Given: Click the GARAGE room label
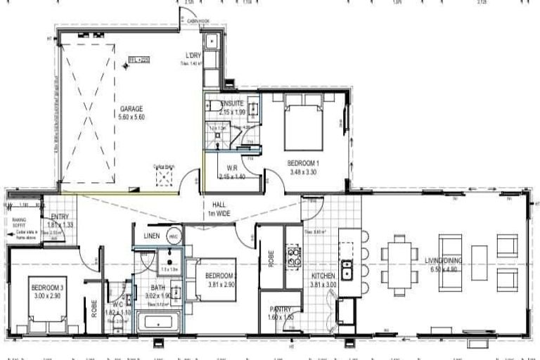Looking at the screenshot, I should (x=131, y=109).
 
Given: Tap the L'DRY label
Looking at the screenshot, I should (x=193, y=56).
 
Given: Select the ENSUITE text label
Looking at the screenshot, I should (x=231, y=104).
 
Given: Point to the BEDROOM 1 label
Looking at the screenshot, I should (x=304, y=162).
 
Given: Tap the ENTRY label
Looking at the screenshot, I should (x=60, y=217).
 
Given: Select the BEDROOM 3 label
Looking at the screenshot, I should (x=47, y=288).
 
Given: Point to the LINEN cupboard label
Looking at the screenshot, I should (x=152, y=236).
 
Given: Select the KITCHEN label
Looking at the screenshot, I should (x=323, y=276).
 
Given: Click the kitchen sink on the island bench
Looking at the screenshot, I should (x=347, y=269).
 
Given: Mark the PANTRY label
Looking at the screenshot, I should (x=281, y=309).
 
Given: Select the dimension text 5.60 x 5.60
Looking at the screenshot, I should (x=131, y=117).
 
